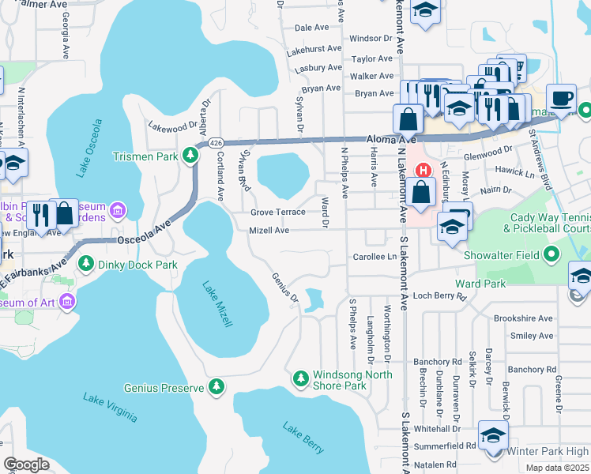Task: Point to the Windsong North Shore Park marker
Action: click(x=300, y=379)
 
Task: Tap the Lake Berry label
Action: click(x=303, y=438)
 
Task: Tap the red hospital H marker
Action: click(x=423, y=170)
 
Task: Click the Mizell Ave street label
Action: click(x=269, y=231)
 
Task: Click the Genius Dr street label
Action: click(x=284, y=288)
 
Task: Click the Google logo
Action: click(x=26, y=465)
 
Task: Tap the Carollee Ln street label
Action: click(x=375, y=257)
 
